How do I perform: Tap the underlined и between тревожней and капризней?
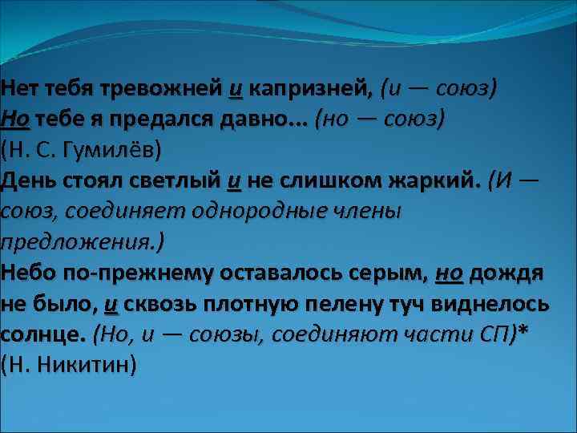click(x=235, y=87)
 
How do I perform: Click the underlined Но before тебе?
click(x=16, y=119)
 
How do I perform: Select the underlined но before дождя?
click(x=449, y=273)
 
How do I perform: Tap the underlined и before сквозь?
click(x=111, y=304)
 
